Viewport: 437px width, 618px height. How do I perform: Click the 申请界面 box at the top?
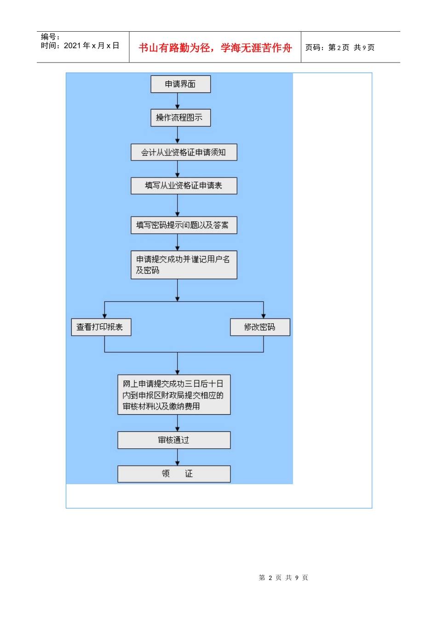coord(180,84)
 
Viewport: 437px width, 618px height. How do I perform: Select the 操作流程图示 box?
coord(180,118)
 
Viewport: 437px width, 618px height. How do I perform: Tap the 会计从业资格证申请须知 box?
coord(184,152)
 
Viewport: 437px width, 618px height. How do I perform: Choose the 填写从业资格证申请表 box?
coord(184,186)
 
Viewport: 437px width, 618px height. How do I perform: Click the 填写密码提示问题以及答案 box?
coord(184,225)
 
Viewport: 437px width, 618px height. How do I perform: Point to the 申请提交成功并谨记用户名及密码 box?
coord(184,265)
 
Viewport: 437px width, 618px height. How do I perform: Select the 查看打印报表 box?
coord(101,327)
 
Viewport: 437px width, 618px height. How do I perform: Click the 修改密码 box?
coord(260,327)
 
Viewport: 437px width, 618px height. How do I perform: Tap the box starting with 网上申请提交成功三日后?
coord(174,395)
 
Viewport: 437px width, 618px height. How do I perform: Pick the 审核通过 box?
coord(174,440)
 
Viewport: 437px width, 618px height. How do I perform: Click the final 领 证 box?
coord(174,474)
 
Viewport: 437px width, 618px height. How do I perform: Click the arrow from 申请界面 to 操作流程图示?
coord(178,101)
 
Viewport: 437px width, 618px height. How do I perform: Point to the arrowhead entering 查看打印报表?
coord(105,315)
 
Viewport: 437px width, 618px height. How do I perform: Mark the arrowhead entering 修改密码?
coord(264,315)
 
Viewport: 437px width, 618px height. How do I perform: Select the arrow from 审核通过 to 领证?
coord(178,458)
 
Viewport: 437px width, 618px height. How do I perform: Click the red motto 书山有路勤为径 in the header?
coord(215,48)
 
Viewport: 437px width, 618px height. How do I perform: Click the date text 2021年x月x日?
coord(91,46)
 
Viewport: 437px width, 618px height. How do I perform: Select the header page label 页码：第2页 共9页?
coord(340,48)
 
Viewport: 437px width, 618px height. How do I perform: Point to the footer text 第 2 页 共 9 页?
coord(283,578)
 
